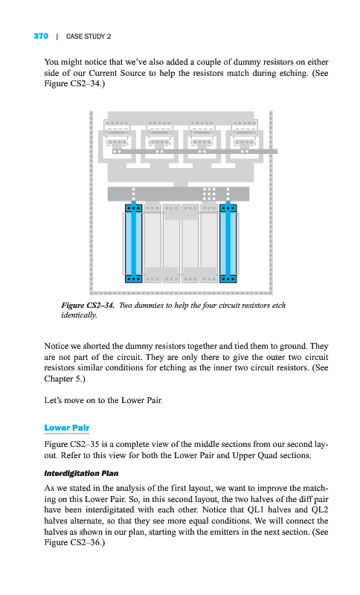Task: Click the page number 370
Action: pos(41,36)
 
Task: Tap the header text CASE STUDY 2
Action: pos(89,36)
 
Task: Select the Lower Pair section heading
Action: pos(67,428)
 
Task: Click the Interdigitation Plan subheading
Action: pos(81,473)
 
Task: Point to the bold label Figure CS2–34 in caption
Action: pos(88,306)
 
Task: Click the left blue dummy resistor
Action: pos(134,243)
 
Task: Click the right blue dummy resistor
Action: pos(228,243)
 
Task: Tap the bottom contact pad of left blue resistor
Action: pos(134,279)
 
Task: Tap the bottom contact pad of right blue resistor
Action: pos(228,279)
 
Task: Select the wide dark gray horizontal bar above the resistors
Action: pos(179,194)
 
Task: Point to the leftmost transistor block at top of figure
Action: pos(117,141)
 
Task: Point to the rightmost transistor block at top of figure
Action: pos(245,141)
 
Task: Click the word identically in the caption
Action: pos(80,315)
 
